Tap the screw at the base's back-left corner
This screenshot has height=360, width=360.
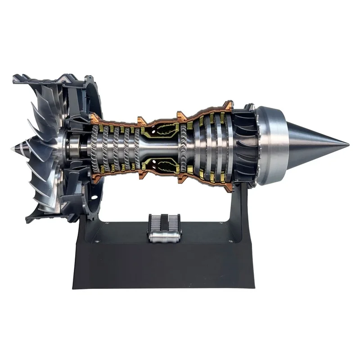106,223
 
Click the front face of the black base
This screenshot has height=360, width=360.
162,265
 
